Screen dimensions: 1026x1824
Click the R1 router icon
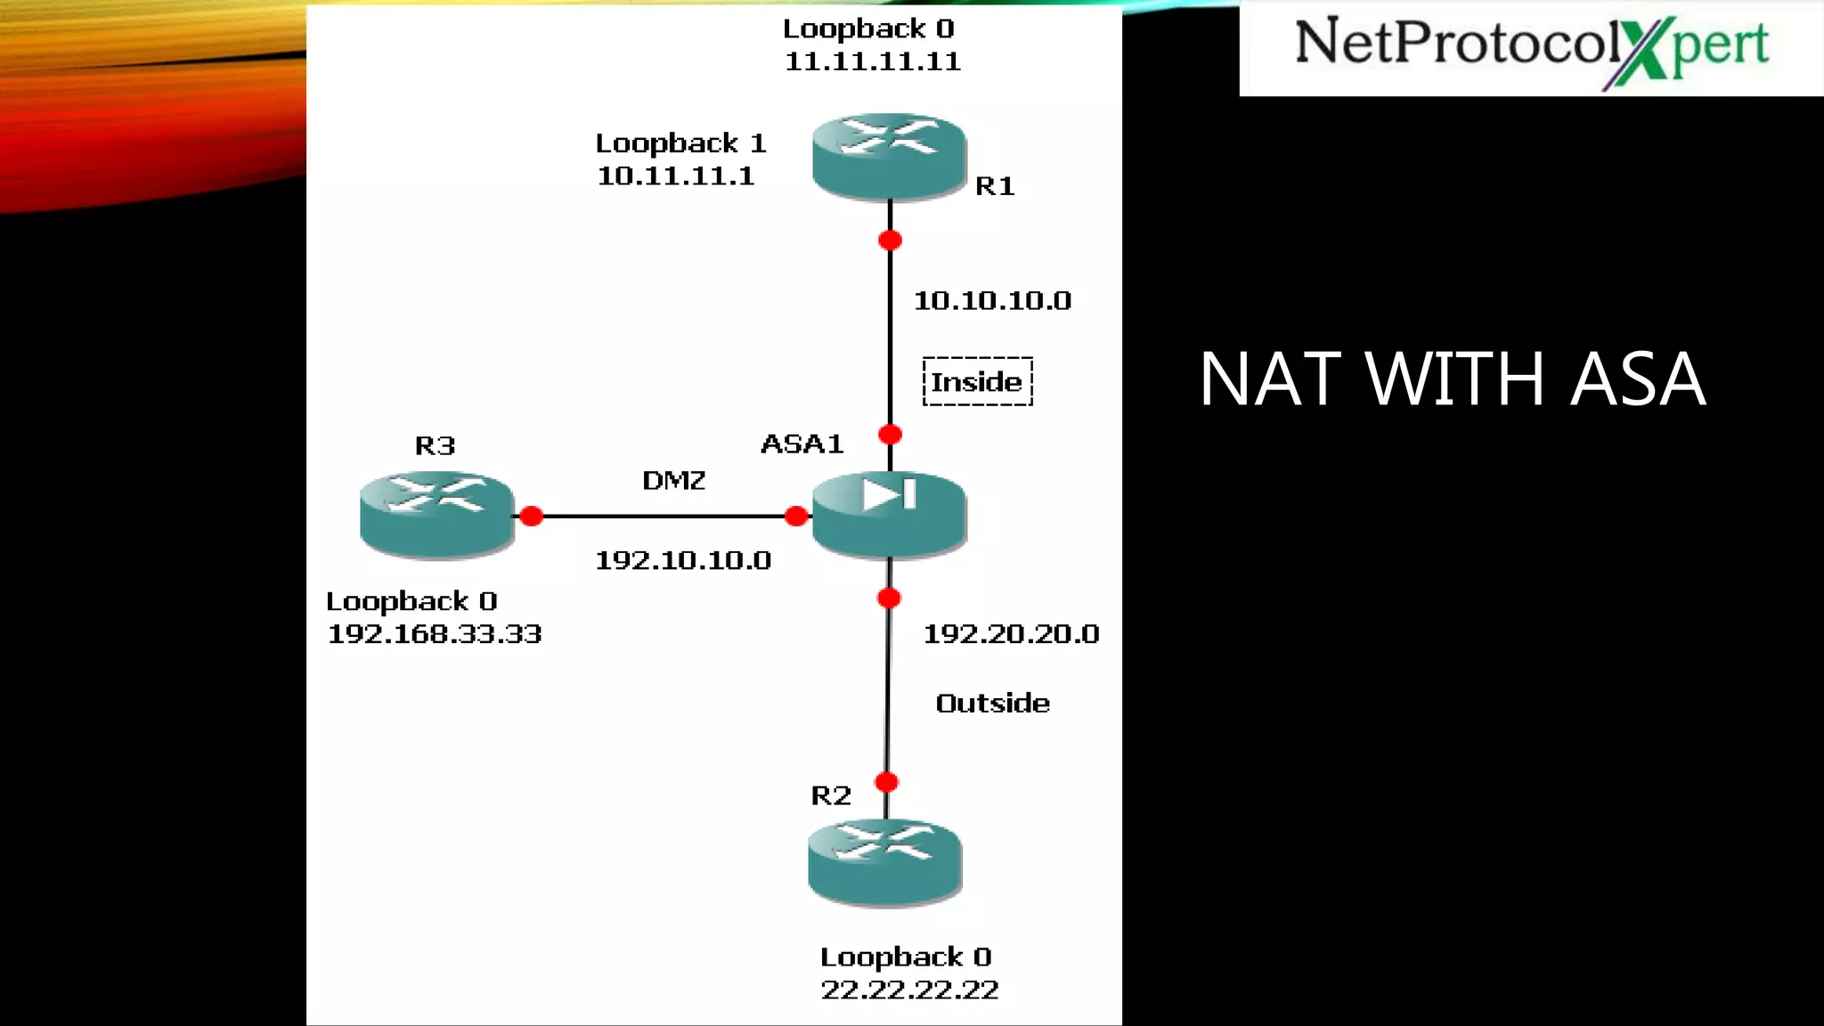click(889, 156)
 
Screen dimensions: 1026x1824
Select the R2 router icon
click(884, 862)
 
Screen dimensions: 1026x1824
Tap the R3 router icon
click(436, 514)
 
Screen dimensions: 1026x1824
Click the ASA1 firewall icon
click(889, 514)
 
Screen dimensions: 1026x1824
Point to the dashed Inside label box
click(977, 381)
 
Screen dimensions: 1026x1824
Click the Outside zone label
click(992, 704)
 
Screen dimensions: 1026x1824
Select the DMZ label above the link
click(673, 481)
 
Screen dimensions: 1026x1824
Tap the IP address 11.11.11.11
click(872, 61)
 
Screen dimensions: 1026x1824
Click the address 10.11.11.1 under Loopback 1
click(675, 175)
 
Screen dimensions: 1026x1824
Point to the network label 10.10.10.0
click(992, 301)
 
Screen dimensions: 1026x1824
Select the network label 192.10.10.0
click(682, 560)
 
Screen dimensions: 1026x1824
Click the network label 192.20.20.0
click(1011, 634)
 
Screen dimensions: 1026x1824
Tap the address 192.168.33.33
click(435, 634)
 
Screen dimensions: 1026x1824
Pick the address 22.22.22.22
click(909, 989)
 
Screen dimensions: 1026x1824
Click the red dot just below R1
click(890, 240)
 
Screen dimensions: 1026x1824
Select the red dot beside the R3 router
click(532, 517)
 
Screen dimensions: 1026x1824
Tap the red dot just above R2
click(886, 783)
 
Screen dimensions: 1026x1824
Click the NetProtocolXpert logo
click(1531, 48)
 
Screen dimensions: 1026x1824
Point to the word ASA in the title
click(1637, 379)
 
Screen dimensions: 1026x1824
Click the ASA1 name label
click(802, 444)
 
